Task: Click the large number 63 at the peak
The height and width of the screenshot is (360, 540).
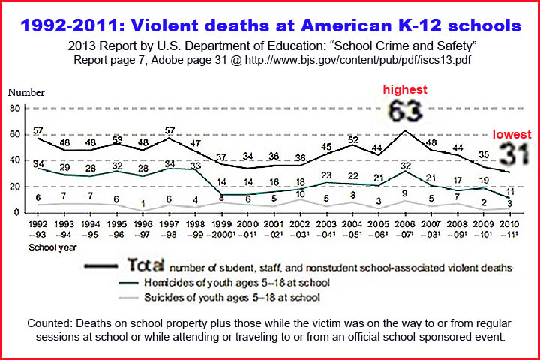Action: (405, 112)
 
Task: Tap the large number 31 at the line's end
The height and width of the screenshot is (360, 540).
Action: (511, 154)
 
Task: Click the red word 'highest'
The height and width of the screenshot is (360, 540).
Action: (405, 89)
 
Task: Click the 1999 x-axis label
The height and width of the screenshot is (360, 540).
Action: (221, 223)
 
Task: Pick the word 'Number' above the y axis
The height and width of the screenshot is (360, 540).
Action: (25, 93)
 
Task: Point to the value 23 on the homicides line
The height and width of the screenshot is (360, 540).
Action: (326, 175)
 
